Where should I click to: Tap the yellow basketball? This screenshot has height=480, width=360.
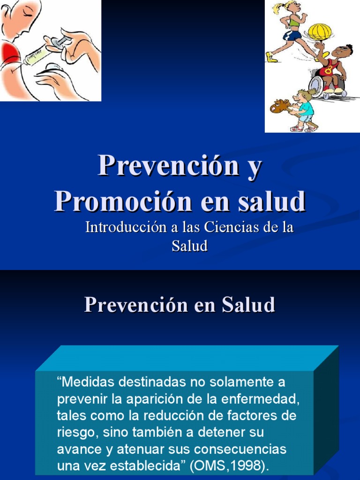pyautogui.click(x=319, y=32)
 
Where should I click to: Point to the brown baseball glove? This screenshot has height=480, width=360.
pyautogui.click(x=280, y=106)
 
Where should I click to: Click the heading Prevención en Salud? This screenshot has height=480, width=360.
pyautogui.click(x=180, y=305)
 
